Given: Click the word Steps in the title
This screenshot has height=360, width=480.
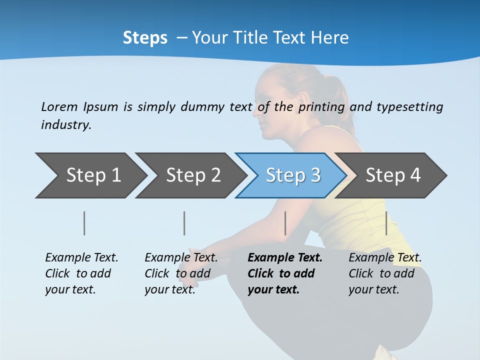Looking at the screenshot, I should pyautogui.click(x=145, y=38).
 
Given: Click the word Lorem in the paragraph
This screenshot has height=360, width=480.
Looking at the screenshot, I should pyautogui.click(x=59, y=107).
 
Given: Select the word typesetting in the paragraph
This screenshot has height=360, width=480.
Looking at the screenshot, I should pyautogui.click(x=409, y=107).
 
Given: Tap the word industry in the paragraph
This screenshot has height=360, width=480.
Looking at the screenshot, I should pyautogui.click(x=66, y=125).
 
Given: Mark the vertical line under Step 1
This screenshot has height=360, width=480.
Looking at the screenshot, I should pyautogui.click(x=84, y=223).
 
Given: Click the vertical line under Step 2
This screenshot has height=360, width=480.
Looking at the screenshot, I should pyautogui.click(x=184, y=223).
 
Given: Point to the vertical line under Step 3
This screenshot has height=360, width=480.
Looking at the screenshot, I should pyautogui.click(x=285, y=223).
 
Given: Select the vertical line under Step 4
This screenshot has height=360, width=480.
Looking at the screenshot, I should pyautogui.click(x=386, y=223).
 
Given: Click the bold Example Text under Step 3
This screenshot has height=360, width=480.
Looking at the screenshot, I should pyautogui.click(x=285, y=258).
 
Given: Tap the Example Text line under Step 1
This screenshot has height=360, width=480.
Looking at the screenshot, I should pyautogui.click(x=81, y=258).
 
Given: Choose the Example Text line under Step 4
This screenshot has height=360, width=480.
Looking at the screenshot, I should pyautogui.click(x=385, y=258).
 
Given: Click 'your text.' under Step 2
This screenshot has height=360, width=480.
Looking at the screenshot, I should pyautogui.click(x=169, y=289).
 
